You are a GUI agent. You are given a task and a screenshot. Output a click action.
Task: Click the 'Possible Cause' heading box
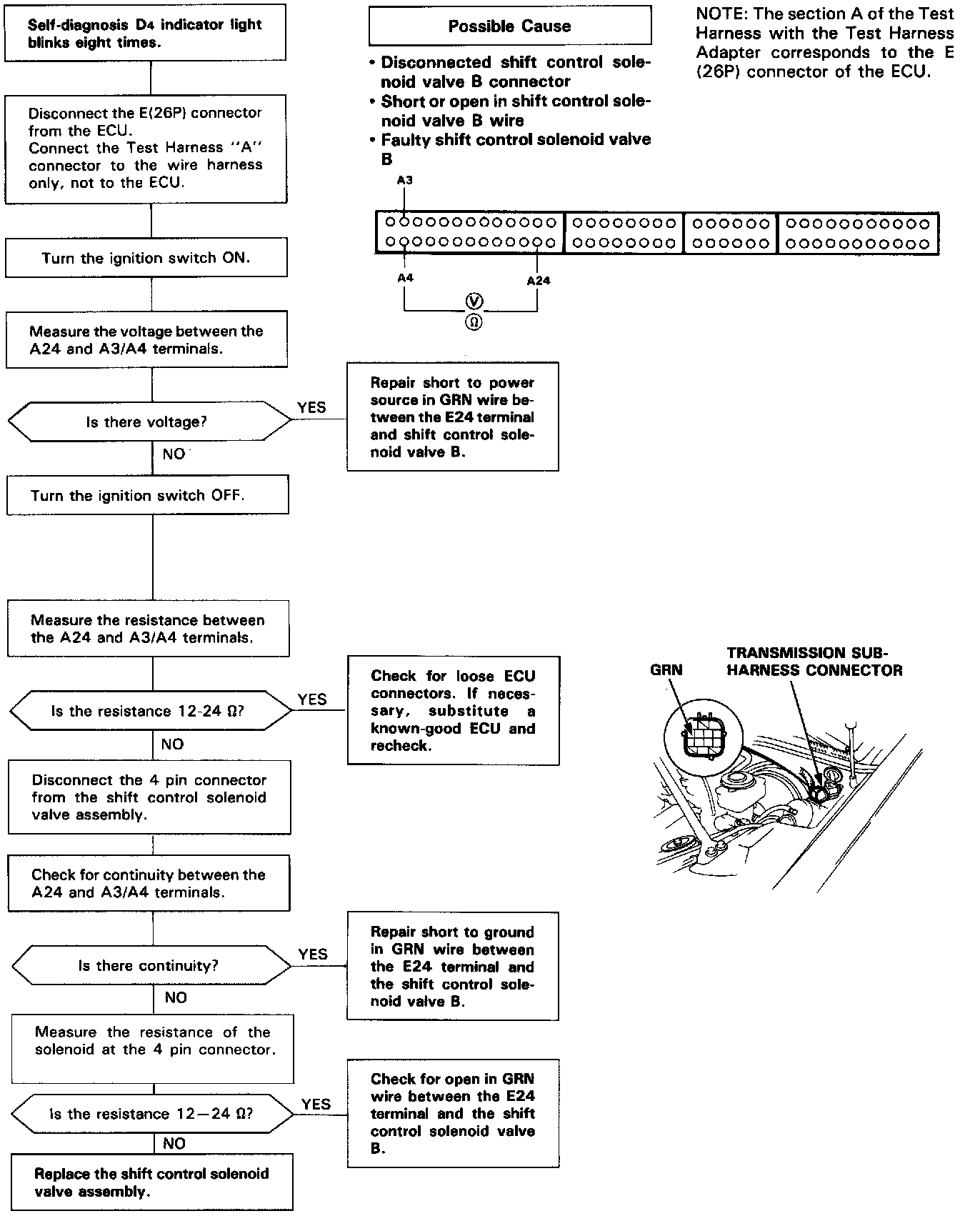tap(509, 26)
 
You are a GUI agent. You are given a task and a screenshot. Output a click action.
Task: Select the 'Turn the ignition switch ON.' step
tap(146, 258)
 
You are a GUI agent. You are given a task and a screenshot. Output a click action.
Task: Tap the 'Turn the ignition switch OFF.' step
tap(147, 495)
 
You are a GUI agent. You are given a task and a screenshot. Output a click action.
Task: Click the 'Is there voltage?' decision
tap(147, 422)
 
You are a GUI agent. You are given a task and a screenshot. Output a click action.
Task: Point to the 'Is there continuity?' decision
tap(148, 966)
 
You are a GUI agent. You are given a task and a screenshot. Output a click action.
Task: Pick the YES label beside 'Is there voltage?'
tap(311, 408)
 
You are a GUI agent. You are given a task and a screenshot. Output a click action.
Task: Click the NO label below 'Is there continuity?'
tap(176, 997)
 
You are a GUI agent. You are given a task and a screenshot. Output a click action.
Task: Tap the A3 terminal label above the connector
tap(404, 181)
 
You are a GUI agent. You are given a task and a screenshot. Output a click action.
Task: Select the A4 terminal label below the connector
tap(405, 277)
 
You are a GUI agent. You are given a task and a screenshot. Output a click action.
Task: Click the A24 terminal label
tap(539, 281)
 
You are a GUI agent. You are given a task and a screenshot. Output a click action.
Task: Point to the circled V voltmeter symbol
tap(474, 301)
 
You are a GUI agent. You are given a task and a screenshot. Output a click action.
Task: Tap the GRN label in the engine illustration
tap(666, 670)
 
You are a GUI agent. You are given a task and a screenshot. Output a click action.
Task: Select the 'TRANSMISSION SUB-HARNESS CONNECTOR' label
tap(814, 662)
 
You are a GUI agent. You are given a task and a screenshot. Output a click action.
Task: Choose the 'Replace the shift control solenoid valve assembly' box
tap(151, 1182)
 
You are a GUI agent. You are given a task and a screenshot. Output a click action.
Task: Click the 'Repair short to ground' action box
tap(452, 966)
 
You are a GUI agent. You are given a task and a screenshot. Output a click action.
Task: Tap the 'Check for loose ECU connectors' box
tap(453, 711)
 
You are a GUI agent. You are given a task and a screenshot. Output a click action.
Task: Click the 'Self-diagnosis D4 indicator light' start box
tap(145, 33)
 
